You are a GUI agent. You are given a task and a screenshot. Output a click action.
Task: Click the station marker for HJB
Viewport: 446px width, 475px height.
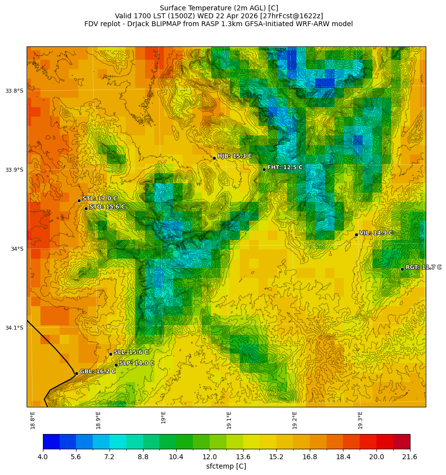click(x=214, y=158)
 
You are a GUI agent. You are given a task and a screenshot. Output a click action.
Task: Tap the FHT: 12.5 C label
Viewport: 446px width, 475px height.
click(x=285, y=167)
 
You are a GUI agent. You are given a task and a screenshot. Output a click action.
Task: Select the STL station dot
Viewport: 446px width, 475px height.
click(x=79, y=200)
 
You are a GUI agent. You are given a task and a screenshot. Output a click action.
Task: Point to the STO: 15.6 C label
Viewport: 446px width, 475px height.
click(x=107, y=206)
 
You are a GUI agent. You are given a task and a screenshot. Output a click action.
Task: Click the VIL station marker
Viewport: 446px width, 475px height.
click(x=356, y=235)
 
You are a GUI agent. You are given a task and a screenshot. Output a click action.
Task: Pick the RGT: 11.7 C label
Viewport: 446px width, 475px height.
click(x=423, y=267)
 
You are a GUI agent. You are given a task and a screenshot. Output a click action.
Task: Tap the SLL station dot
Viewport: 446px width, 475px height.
click(x=111, y=354)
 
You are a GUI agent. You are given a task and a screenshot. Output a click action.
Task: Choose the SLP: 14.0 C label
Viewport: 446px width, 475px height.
click(x=137, y=363)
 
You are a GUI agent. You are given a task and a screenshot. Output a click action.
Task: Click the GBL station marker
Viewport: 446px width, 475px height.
click(x=76, y=373)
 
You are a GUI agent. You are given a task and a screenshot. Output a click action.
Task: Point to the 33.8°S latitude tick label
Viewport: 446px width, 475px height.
click(x=14, y=91)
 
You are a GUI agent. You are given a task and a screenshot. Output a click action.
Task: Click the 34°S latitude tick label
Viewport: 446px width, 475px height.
click(x=17, y=249)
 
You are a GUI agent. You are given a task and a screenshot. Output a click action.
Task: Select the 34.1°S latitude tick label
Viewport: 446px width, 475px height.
click(x=14, y=328)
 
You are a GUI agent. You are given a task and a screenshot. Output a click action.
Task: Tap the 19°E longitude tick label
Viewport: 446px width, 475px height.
click(x=164, y=417)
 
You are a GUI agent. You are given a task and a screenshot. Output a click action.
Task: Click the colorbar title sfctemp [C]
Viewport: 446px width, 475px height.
click(x=226, y=466)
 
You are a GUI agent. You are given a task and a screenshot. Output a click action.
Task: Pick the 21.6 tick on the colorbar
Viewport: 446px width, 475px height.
click(x=409, y=457)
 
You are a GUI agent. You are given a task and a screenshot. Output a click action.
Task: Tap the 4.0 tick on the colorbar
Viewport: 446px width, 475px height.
click(x=43, y=457)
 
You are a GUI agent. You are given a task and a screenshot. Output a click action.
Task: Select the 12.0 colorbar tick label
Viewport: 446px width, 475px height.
click(x=210, y=457)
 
